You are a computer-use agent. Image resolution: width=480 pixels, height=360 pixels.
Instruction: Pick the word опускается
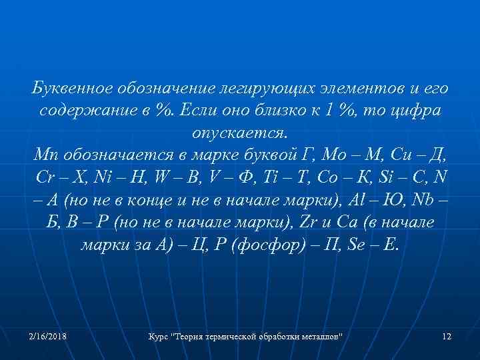click(240, 133)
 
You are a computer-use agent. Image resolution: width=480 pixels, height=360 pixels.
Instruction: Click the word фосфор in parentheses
click(241, 245)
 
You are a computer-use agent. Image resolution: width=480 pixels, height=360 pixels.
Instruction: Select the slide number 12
click(447, 337)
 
